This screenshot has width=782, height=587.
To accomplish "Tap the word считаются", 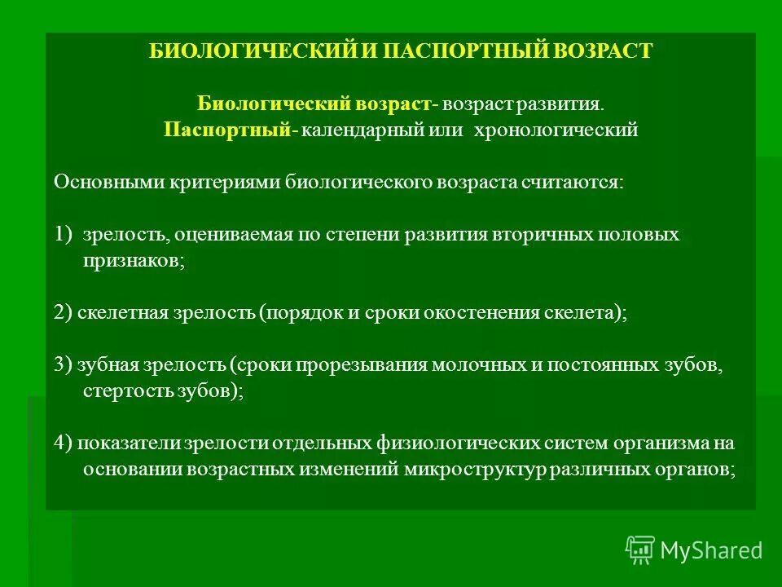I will (x=575, y=182).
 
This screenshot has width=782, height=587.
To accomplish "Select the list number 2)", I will (x=64, y=314).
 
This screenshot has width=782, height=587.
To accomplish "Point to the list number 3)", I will (x=64, y=364).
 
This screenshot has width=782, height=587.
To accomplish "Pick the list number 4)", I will (x=64, y=444).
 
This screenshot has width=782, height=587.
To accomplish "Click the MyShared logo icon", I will (x=640, y=550).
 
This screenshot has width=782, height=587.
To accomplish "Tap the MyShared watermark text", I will (x=711, y=551).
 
